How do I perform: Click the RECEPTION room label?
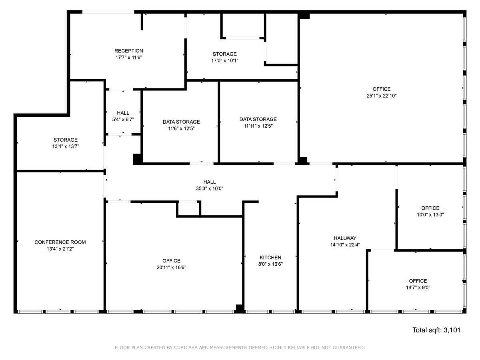tap(128, 51)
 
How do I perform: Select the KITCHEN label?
tap(270, 258)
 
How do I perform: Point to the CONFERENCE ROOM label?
tap(60, 242)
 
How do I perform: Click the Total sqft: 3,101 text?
tap(436, 330)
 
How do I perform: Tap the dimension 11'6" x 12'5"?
tap(181, 128)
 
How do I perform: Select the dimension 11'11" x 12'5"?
tap(258, 126)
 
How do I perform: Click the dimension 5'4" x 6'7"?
tap(123, 120)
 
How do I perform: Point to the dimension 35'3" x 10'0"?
tap(210, 189)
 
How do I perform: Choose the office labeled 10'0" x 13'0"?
tap(430, 214)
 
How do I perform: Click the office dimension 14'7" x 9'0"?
tap(418, 287)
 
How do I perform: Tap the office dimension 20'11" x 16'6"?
tap(171, 267)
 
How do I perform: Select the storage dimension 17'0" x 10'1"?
tap(224, 61)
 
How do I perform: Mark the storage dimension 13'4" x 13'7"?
tap(66, 146)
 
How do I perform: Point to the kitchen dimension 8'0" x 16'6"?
tap(270, 264)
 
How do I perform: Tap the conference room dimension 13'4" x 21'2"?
tap(60, 249)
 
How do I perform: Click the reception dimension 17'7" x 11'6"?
tap(128, 58)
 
